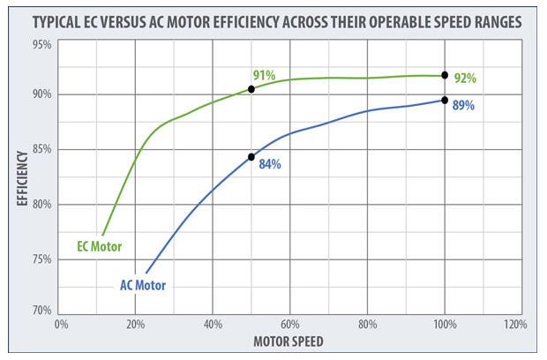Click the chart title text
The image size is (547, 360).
(275, 20)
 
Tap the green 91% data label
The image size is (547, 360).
(263, 76)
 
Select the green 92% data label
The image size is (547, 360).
(464, 79)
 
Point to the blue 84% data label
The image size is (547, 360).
(269, 164)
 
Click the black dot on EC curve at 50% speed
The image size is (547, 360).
(251, 89)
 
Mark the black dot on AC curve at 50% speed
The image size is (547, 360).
(251, 157)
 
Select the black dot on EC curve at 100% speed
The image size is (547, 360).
(445, 75)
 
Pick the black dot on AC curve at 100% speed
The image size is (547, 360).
(445, 100)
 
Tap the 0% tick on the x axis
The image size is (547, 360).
(60, 325)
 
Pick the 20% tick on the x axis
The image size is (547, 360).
(136, 325)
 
